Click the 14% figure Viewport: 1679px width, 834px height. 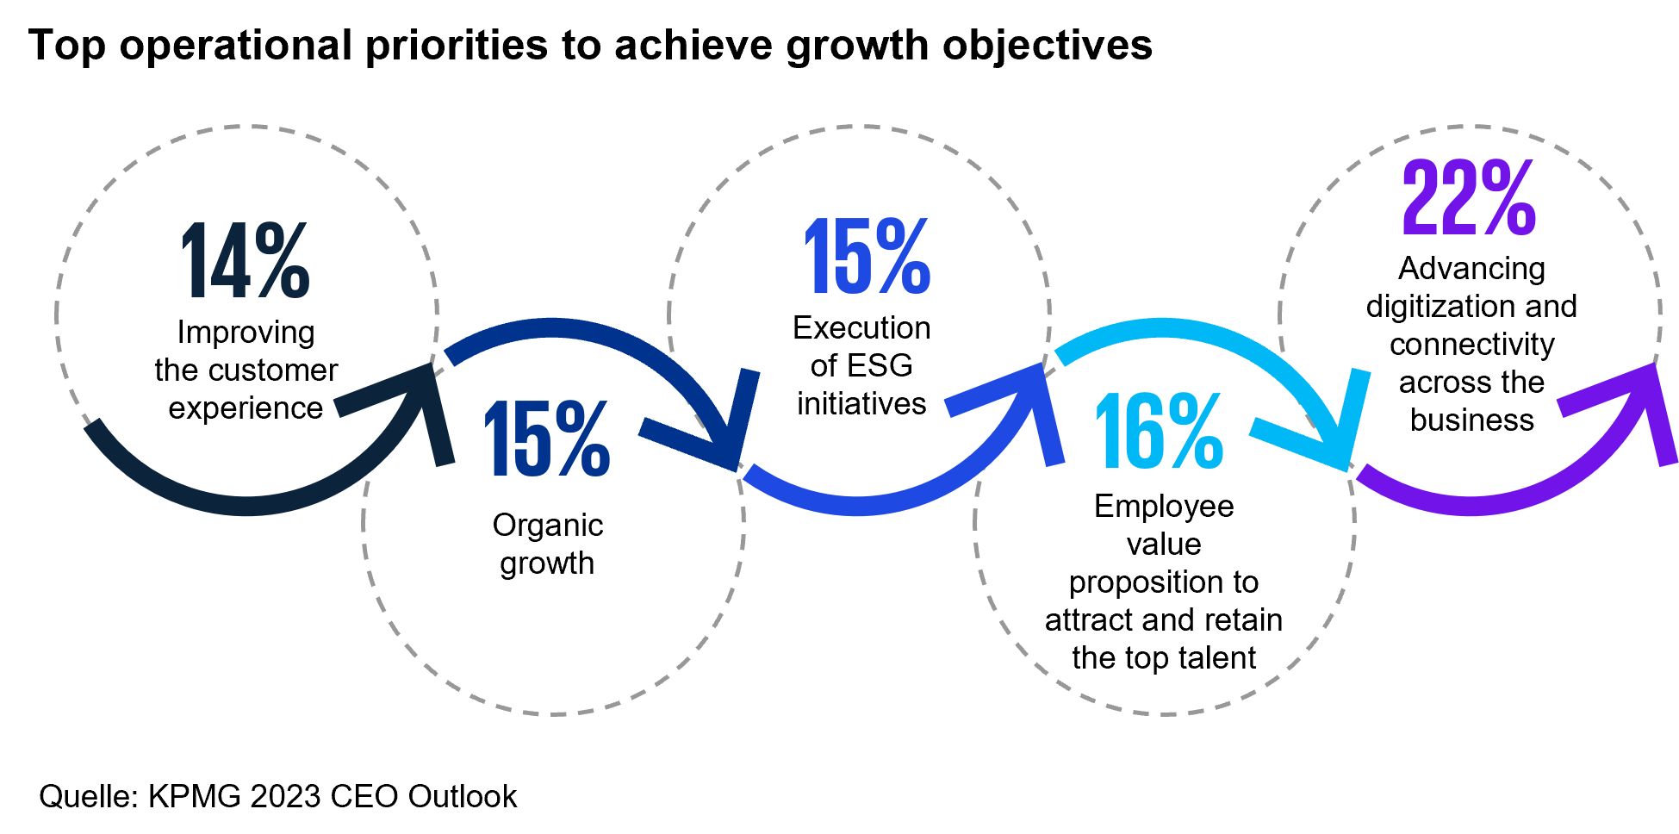(246, 261)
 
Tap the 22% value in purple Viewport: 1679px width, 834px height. (1469, 199)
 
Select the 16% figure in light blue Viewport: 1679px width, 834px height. (1159, 433)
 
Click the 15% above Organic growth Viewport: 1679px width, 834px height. (547, 439)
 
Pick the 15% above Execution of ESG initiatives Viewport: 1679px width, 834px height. (867, 257)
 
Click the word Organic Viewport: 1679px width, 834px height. (547, 525)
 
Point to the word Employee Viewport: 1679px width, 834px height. (1163, 506)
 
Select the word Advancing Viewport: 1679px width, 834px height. (1471, 269)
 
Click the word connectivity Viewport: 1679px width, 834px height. (1471, 345)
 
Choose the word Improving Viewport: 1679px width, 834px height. (246, 333)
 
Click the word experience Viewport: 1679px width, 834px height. (246, 408)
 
